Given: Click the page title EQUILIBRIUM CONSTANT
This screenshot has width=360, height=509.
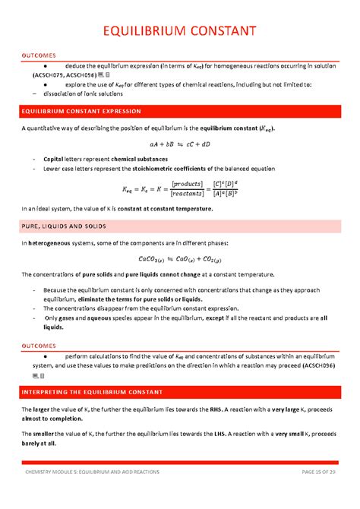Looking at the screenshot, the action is point(179,31).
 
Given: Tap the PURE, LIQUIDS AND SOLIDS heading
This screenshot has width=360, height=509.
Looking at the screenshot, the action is point(70,226).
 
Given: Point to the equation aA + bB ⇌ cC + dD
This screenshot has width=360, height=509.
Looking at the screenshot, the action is point(179,144).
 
